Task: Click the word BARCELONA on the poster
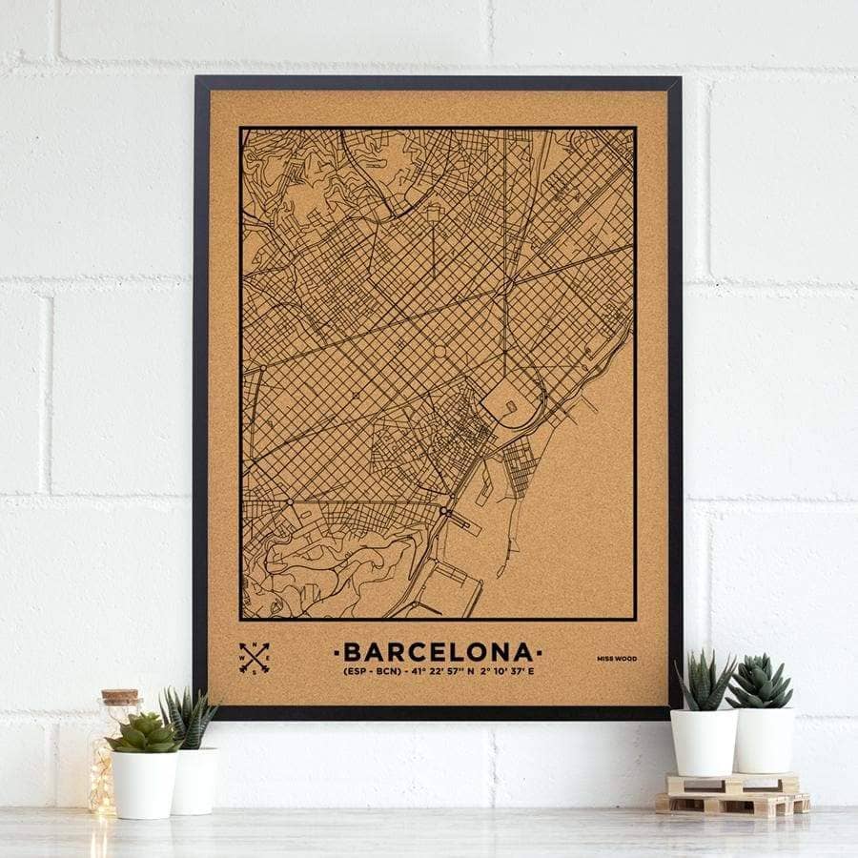pyautogui.click(x=439, y=652)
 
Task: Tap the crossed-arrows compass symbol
pyautogui.click(x=255, y=658)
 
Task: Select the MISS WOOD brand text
pyautogui.click(x=617, y=658)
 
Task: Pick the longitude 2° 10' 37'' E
pyautogui.click(x=502, y=672)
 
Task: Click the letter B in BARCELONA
pyautogui.click(x=351, y=652)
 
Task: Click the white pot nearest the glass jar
pyautogui.click(x=145, y=784)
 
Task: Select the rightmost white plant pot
pyautogui.click(x=764, y=739)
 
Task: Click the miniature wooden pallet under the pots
pyautogui.click(x=732, y=793)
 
